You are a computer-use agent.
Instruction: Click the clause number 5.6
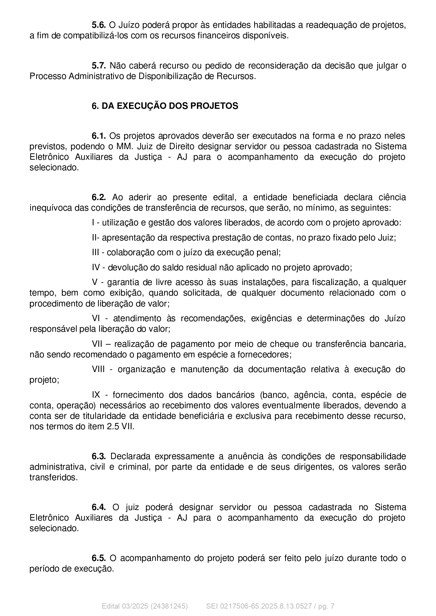98,25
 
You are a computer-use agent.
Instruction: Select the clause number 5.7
98,66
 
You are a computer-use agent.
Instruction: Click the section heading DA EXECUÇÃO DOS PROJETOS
170,106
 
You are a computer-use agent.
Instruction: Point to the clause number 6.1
98,136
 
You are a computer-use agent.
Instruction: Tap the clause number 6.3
99,456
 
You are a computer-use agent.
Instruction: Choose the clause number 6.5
98,558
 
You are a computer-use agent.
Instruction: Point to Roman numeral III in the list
96,252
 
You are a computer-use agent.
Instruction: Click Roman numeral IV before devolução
96,267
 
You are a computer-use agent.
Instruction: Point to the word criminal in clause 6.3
132,467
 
